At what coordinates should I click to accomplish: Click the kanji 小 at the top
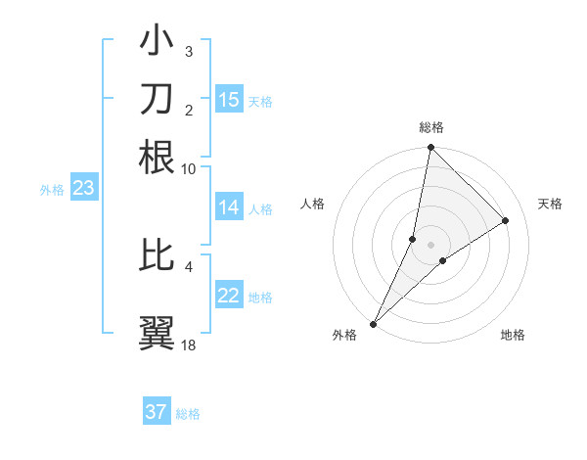pyautogui.click(x=157, y=42)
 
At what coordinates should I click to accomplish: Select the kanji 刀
pyautogui.click(x=157, y=100)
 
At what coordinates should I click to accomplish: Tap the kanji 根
pyautogui.click(x=157, y=157)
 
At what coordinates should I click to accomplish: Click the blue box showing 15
pyautogui.click(x=229, y=99)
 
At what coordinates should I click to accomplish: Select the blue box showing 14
pyautogui.click(x=229, y=207)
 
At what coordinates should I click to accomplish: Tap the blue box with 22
pyautogui.click(x=229, y=296)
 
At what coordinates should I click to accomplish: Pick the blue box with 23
pyautogui.click(x=83, y=188)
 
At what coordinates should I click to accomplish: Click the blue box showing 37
pyautogui.click(x=157, y=412)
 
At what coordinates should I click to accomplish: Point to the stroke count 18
pyautogui.click(x=189, y=345)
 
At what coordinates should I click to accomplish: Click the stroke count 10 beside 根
pyautogui.click(x=188, y=168)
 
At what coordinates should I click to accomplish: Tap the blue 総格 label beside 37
pyautogui.click(x=188, y=414)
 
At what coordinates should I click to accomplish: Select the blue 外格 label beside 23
pyautogui.click(x=52, y=190)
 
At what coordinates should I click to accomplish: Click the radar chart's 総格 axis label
pyautogui.click(x=430, y=127)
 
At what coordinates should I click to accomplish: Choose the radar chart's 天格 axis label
pyautogui.click(x=550, y=204)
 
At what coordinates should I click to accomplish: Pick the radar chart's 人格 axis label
pyautogui.click(x=312, y=204)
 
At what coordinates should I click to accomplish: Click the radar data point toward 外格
pyautogui.click(x=373, y=324)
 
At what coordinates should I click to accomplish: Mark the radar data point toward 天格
pyautogui.click(x=506, y=220)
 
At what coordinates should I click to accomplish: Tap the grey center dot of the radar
pyautogui.click(x=430, y=245)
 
